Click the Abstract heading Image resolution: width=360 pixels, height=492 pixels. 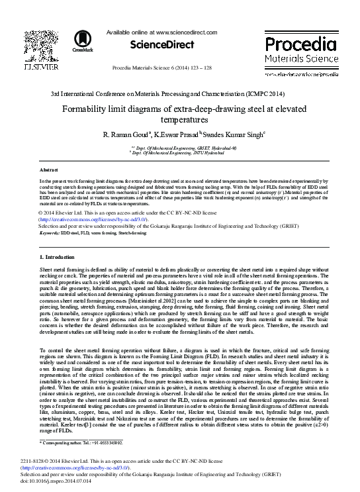click(x=48, y=170)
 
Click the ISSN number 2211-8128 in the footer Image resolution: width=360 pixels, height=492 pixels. click(x=52, y=460)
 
